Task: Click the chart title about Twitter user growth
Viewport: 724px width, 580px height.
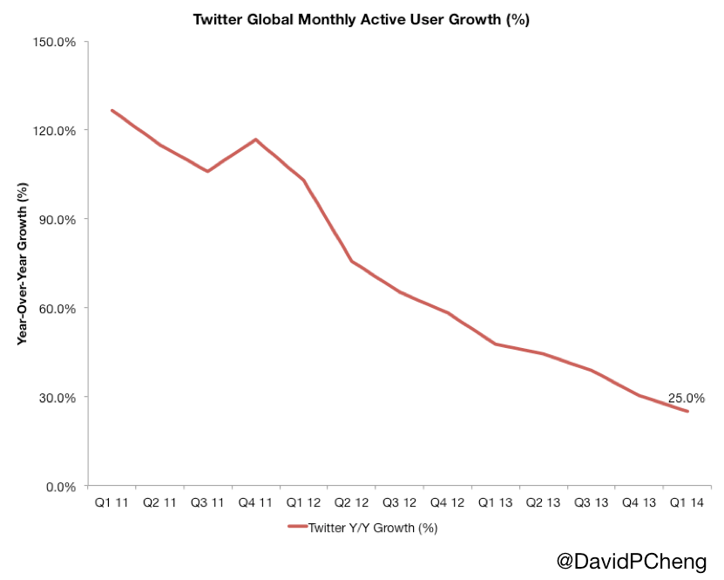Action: tap(361, 20)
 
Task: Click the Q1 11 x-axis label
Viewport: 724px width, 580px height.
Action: tap(112, 504)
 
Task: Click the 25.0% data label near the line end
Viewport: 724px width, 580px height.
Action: tap(687, 399)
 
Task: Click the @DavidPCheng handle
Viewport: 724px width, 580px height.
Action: tap(632, 562)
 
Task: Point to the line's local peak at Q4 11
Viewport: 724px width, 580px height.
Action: tap(255, 139)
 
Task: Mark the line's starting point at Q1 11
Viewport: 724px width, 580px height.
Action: tap(112, 110)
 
